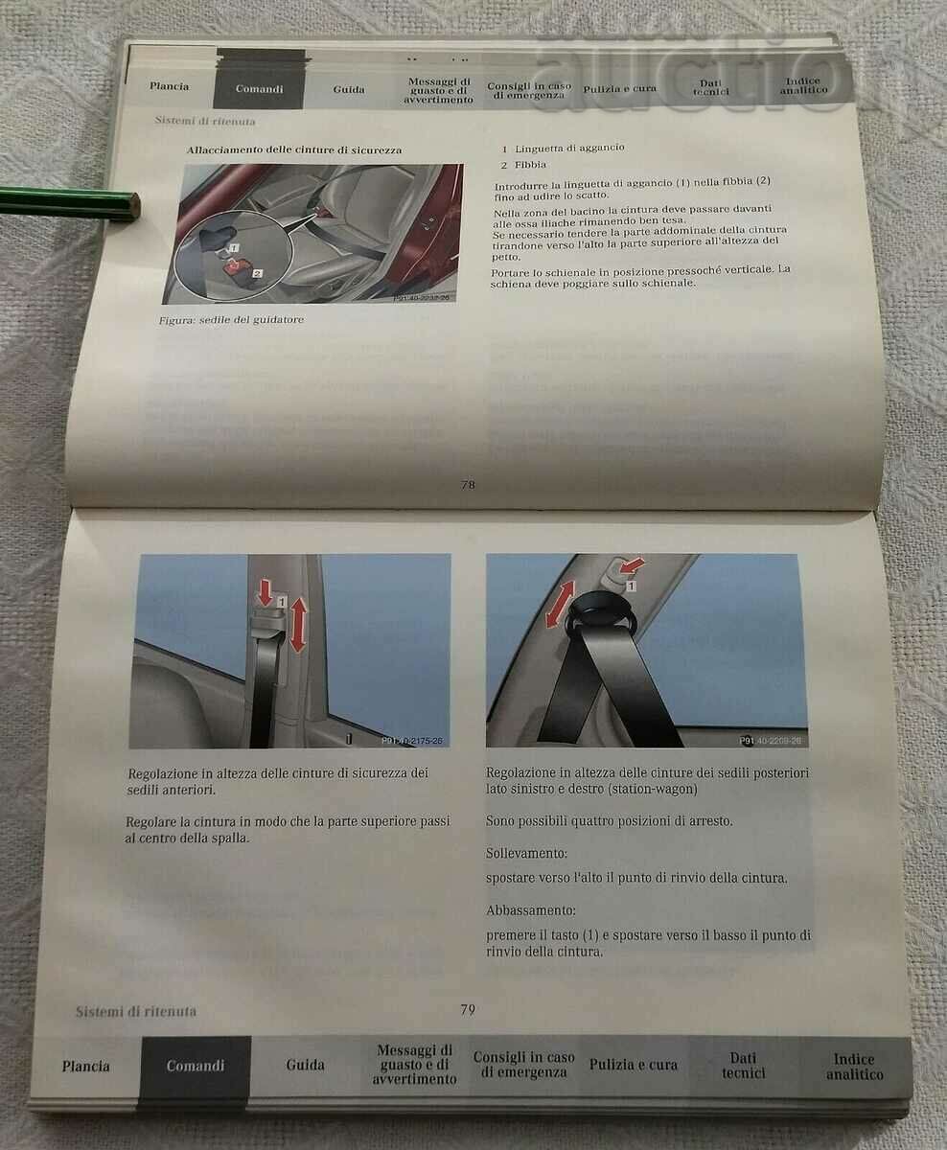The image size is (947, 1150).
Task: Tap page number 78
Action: click(468, 485)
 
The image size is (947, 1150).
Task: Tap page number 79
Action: click(468, 1009)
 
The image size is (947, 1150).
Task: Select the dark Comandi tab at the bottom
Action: click(196, 1066)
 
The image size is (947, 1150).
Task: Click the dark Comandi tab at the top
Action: click(259, 89)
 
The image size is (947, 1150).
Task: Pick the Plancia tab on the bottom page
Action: click(86, 1066)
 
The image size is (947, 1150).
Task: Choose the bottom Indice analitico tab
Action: click(854, 1067)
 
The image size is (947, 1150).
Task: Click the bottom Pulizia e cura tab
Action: click(634, 1065)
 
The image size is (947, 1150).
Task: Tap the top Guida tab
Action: click(349, 89)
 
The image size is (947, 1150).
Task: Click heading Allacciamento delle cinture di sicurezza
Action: click(294, 150)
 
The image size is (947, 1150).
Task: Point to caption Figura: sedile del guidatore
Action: click(231, 320)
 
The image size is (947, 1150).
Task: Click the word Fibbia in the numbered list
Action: click(530, 166)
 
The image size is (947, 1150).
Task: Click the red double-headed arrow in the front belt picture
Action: click(297, 623)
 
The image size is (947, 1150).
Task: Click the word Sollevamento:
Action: click(526, 853)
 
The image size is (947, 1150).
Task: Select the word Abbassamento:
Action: click(530, 909)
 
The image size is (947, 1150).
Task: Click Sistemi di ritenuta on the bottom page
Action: click(136, 1011)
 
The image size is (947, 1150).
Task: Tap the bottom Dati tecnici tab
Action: click(743, 1066)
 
